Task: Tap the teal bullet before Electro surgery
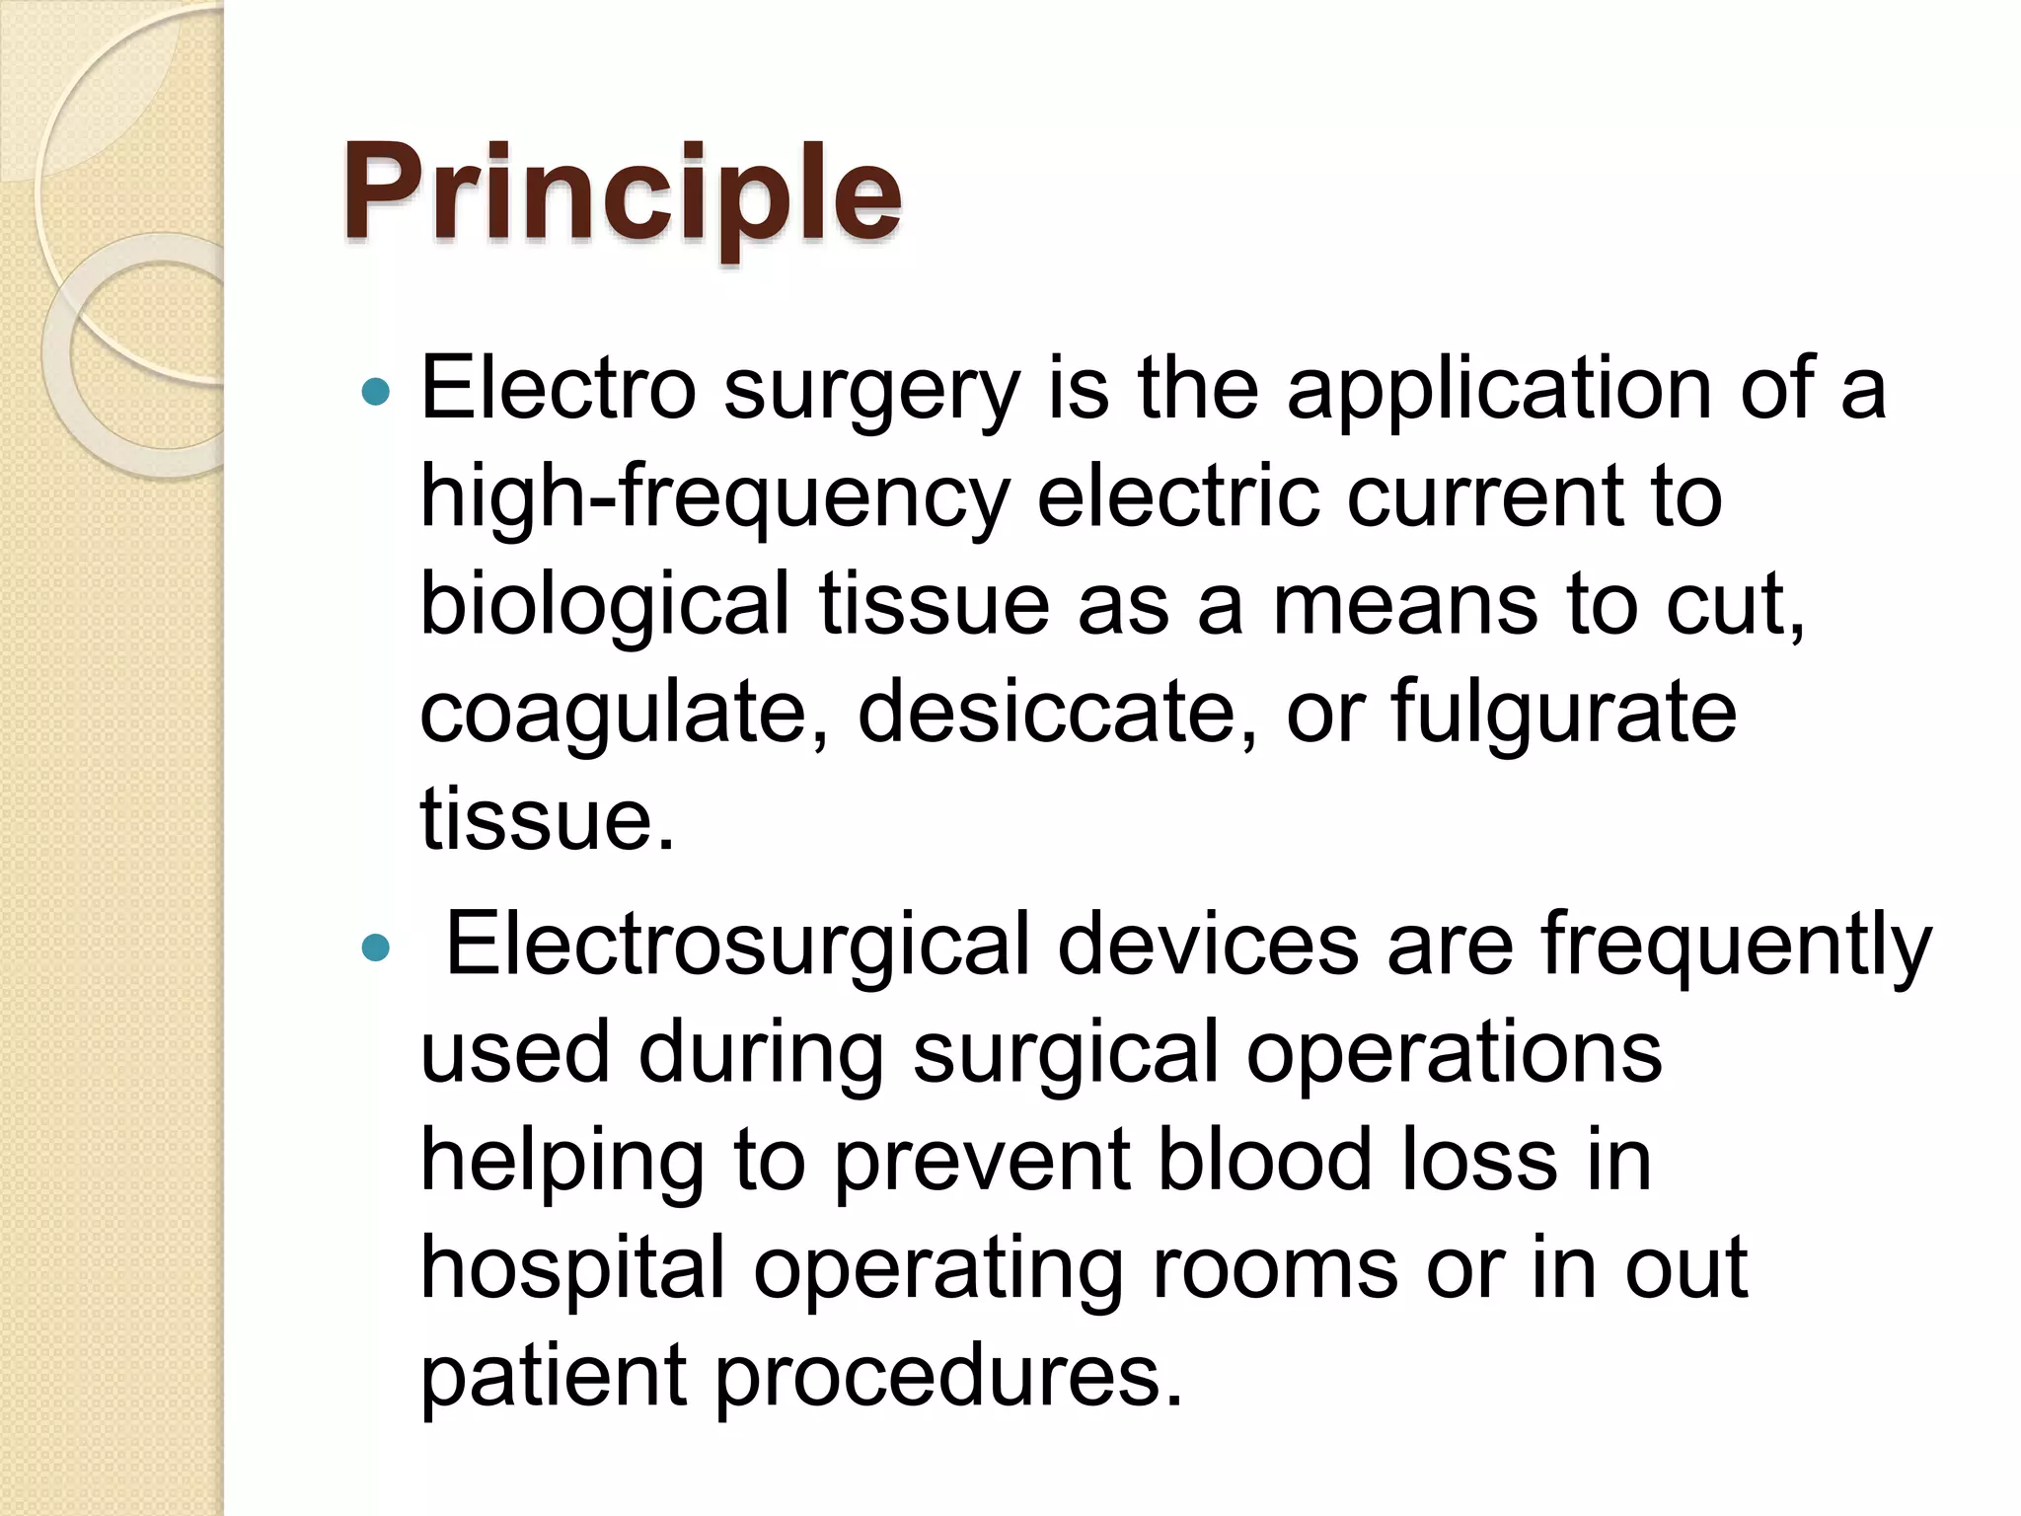[376, 393]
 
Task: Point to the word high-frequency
[715, 498]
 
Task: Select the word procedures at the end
[947, 1378]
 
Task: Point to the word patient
[554, 1378]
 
